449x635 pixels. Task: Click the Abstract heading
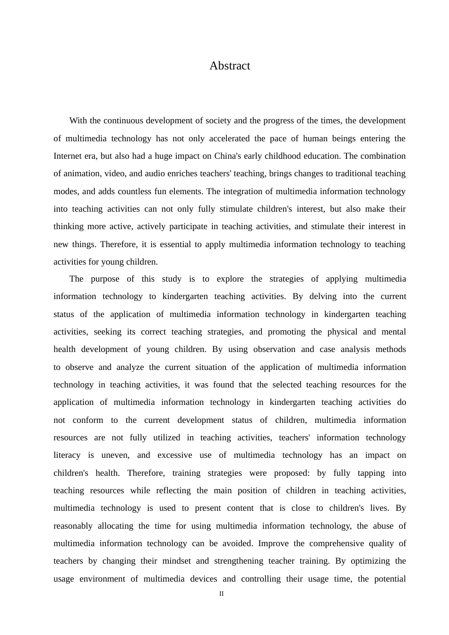point(230,66)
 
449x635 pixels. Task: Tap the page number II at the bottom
point(221,594)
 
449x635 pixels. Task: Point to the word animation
point(81,173)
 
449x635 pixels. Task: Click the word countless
point(134,191)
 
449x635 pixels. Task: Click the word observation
point(274,349)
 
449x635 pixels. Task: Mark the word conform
point(88,420)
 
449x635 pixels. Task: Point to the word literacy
point(67,455)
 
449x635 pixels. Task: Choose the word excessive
point(175,455)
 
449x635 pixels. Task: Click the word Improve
point(273,543)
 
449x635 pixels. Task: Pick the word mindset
point(176,561)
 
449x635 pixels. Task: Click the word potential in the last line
point(390,579)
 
